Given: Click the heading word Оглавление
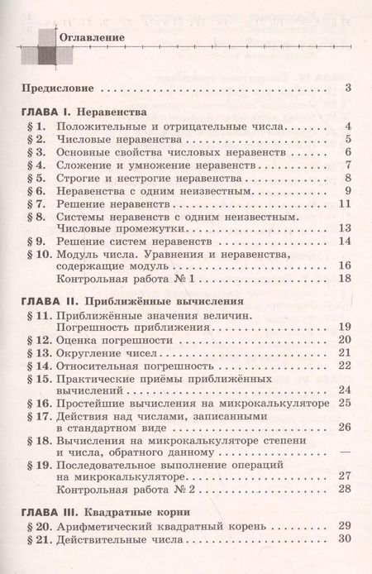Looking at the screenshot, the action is coord(90,38).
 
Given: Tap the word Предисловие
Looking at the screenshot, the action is coord(54,87).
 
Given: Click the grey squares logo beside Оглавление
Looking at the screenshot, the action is coord(35,45).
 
